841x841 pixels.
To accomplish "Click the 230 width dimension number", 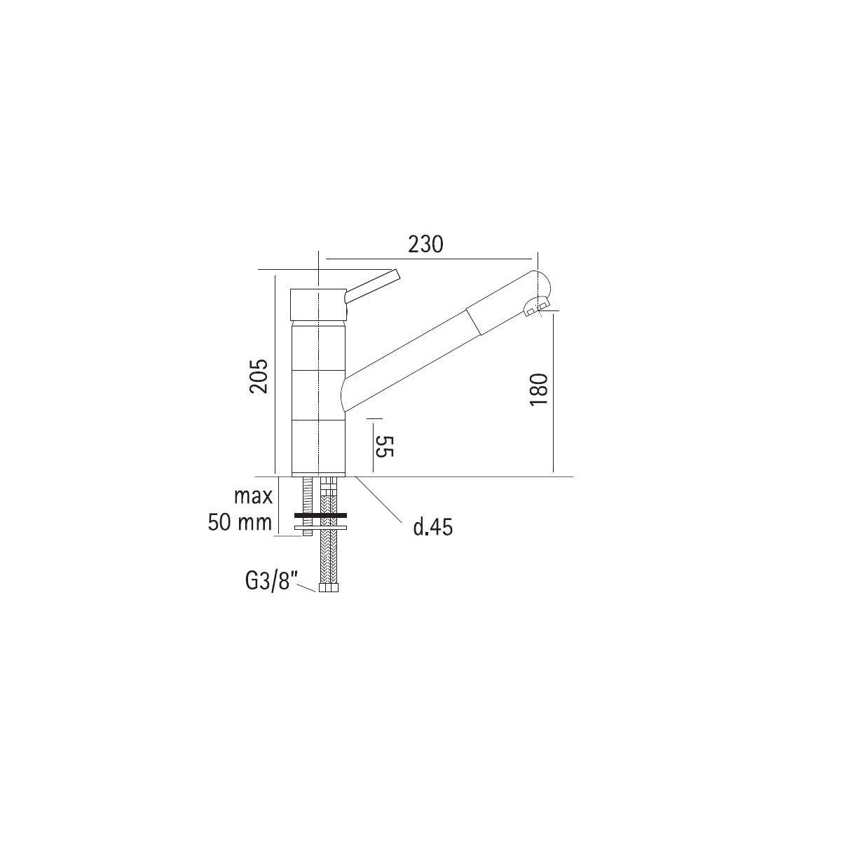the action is point(425,245).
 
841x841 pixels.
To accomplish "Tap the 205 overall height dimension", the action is point(259,376).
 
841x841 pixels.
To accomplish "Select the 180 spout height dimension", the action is point(539,389).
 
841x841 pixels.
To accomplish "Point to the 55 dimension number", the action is point(385,446).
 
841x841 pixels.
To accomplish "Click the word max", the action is point(253,496).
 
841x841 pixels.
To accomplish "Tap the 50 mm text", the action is point(240,522).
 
